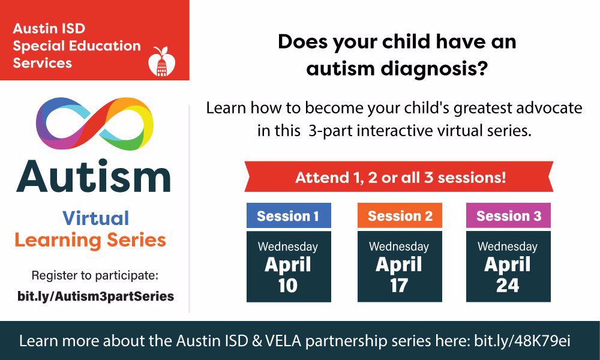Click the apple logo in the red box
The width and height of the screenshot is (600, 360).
[x=162, y=62]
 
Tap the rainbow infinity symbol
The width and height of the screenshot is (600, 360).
[x=95, y=123]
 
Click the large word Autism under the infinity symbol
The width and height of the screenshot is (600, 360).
[x=94, y=177]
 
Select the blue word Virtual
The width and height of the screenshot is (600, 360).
[x=95, y=218]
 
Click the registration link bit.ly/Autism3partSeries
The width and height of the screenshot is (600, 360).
[x=95, y=296]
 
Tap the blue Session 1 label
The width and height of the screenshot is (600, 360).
[x=289, y=216]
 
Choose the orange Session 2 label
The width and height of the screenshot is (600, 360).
[x=400, y=216]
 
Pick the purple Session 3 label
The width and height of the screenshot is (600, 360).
[x=509, y=216]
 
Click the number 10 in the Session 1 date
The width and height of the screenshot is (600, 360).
[x=288, y=286]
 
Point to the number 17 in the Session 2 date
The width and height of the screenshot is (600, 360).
[x=399, y=286]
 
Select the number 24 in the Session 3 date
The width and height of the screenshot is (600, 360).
[x=508, y=286]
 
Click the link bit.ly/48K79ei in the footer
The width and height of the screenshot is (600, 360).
[x=522, y=341]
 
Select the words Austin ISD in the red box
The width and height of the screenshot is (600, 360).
[x=49, y=28]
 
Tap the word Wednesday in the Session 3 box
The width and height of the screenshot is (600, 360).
[x=508, y=247]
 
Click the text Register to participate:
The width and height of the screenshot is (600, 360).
[x=95, y=275]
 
